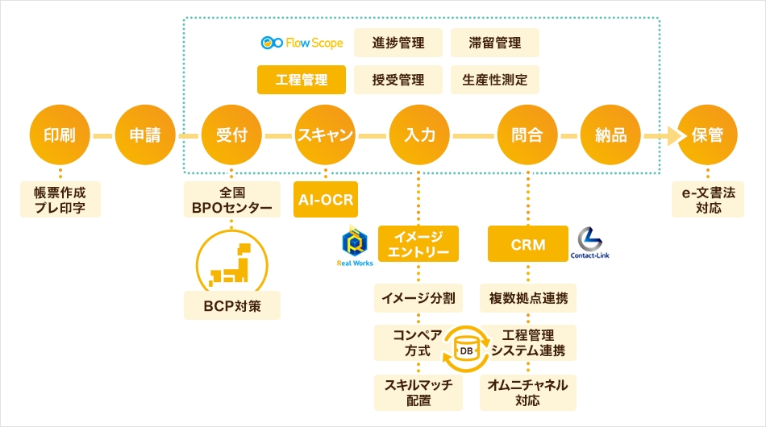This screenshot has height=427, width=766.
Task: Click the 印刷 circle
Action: click(60, 135)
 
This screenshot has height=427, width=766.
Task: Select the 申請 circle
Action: click(145, 135)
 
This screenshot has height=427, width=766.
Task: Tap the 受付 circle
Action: click(231, 135)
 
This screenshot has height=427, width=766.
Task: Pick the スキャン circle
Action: click(326, 135)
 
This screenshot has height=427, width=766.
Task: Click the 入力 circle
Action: click(419, 135)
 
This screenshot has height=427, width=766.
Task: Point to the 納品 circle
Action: click(610, 135)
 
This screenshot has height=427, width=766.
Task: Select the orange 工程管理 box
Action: click(302, 80)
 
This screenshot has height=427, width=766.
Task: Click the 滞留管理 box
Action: click(494, 43)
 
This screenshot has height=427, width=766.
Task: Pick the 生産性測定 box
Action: click(494, 80)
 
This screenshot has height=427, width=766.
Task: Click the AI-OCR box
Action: click(326, 200)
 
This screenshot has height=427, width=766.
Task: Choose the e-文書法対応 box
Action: click(708, 200)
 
